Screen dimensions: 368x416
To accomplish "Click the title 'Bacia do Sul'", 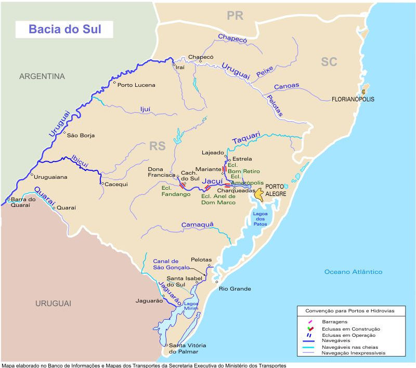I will (64, 30).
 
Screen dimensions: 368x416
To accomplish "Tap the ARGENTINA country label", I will (42, 76).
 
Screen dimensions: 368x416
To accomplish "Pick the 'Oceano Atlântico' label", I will (353, 272).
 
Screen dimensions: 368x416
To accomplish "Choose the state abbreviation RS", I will (158, 146).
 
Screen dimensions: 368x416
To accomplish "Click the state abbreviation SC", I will (329, 62).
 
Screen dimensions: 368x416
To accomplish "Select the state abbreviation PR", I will (235, 16).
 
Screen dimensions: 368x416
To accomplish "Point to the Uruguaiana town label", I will (51, 177).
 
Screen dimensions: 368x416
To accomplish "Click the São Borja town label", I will (81, 135).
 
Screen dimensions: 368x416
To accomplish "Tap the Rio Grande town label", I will (235, 289).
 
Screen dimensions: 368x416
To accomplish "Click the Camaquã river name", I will (198, 225).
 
